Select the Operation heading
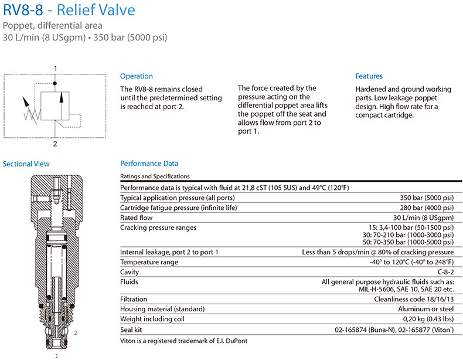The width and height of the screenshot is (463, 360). (x=136, y=76)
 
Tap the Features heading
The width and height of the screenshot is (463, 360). (x=369, y=76)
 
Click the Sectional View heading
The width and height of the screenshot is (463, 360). (x=26, y=164)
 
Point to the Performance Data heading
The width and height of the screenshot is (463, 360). (x=149, y=164)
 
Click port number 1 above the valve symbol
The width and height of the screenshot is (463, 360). (x=56, y=69)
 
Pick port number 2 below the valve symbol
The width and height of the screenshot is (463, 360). (x=56, y=142)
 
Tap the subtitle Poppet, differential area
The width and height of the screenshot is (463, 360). (x=53, y=26)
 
